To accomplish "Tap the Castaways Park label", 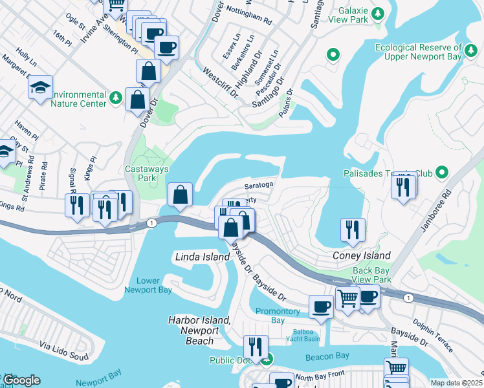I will coord(141,173).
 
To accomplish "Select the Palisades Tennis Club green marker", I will coord(442,173).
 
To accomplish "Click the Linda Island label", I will coord(203,257).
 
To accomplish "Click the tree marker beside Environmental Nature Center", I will coord(116,97).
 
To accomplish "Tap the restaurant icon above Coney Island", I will coord(353,230).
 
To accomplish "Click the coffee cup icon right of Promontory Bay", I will coord(320,307).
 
